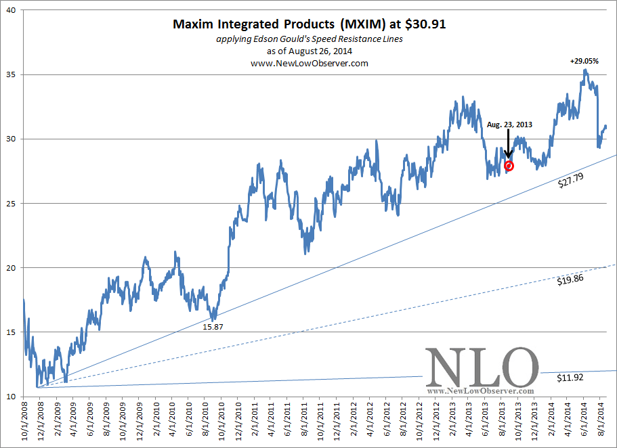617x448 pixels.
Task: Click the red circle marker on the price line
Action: pos(509,166)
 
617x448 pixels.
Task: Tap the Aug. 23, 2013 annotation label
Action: pos(509,125)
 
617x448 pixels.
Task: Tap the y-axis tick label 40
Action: pos(14,10)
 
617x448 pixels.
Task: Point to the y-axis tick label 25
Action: pos(14,204)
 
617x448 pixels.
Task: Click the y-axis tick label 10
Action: pos(14,397)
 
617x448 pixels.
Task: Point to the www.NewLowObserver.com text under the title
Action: pos(309,63)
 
